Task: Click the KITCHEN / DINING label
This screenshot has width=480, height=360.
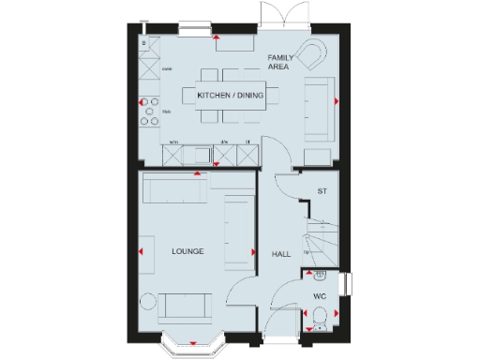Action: (231, 96)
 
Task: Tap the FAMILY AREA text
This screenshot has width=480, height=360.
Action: (279, 62)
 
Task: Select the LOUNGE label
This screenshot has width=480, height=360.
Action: (187, 251)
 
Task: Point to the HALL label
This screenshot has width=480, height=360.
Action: (280, 254)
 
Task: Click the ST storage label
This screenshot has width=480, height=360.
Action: (322, 191)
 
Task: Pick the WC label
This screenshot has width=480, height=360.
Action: (319, 296)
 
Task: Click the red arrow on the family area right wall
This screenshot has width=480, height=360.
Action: (335, 101)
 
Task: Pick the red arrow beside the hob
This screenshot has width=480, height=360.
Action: (142, 101)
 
